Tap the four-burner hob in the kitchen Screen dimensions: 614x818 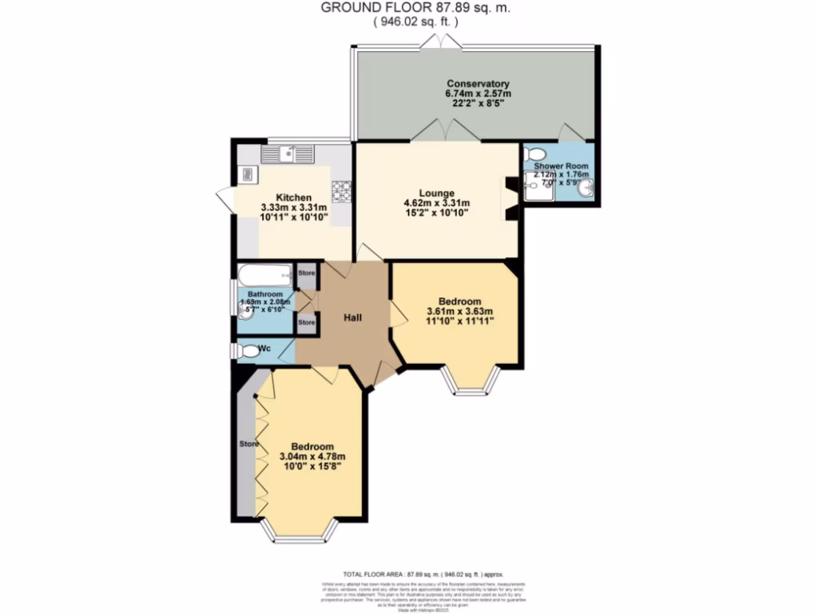pos(343,190)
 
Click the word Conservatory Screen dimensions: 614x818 pos(478,84)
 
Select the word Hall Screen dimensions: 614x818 pos(353,318)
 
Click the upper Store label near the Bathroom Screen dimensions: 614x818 pos(306,273)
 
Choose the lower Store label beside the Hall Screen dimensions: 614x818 pos(306,322)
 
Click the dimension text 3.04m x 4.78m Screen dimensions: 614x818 pos(312,457)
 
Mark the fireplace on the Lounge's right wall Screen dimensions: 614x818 pos(510,198)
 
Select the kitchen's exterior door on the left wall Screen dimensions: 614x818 pos(224,200)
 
